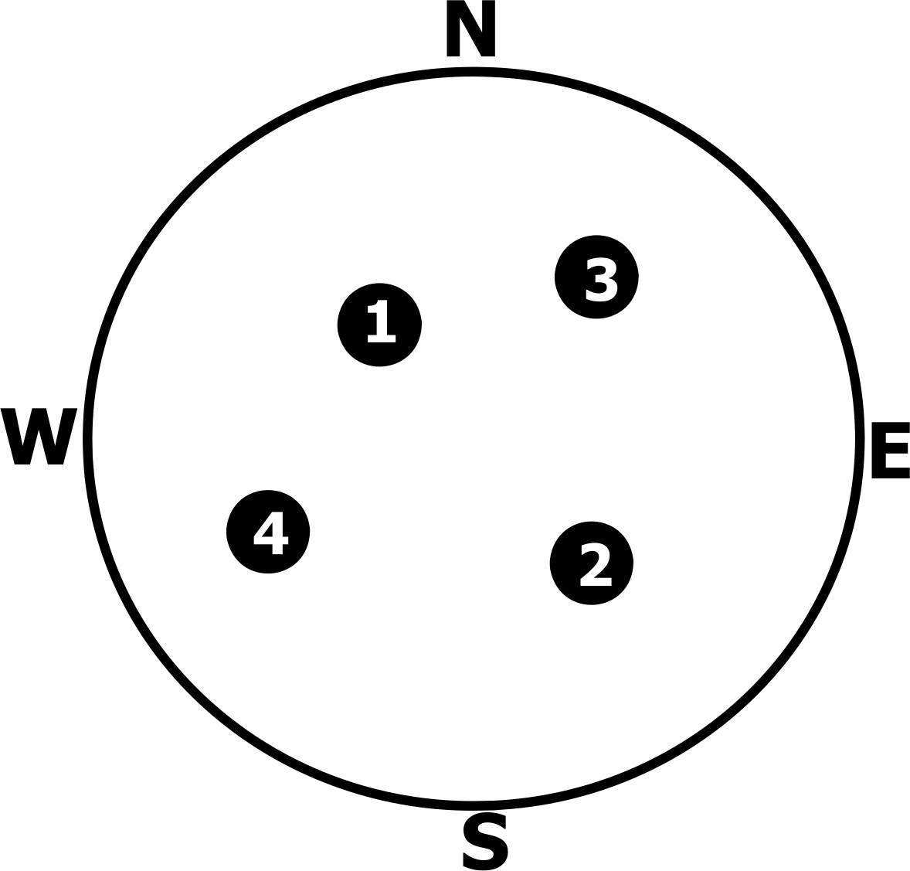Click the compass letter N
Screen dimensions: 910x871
click(470, 29)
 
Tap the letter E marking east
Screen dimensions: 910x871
click(890, 450)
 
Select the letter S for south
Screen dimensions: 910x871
click(485, 841)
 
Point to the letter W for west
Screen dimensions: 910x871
click(39, 436)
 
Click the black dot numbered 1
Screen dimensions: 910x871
click(379, 324)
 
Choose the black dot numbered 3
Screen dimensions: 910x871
click(596, 277)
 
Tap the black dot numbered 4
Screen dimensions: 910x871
click(268, 532)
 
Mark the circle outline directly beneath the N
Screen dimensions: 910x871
click(471, 72)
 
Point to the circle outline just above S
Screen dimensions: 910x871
click(474, 805)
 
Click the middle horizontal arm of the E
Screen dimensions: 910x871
click(887, 449)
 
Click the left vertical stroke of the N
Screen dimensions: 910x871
click(453, 29)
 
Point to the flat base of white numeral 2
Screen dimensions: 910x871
click(595, 582)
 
